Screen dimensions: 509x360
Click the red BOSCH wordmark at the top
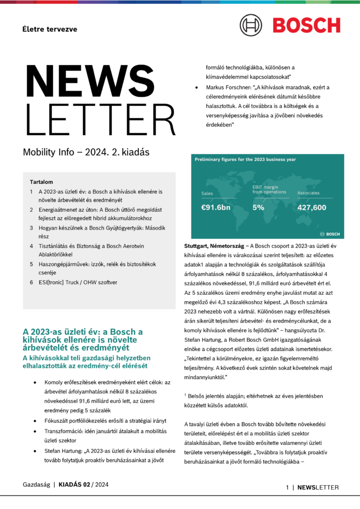click(x=306, y=25)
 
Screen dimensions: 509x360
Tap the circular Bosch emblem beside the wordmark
click(x=251, y=25)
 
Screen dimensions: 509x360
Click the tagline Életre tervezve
click(x=50, y=29)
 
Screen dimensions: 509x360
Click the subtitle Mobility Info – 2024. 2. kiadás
click(x=86, y=152)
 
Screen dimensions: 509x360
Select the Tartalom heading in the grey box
click(x=41, y=182)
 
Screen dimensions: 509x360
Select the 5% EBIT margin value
click(x=258, y=207)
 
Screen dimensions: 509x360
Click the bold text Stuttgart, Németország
click(x=218, y=246)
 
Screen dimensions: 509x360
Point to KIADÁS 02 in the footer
click(x=75, y=484)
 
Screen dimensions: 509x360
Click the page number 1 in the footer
click(x=287, y=488)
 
